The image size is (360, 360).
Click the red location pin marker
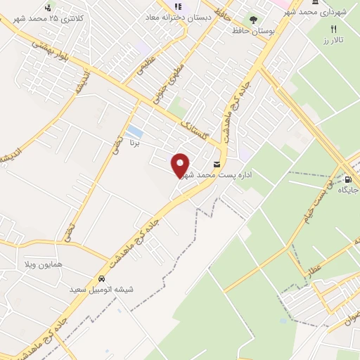coord(181,165)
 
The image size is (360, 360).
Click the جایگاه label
coord(349,191)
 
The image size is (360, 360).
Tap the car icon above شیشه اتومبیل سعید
coord(102,278)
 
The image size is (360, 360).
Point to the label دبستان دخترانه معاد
coord(179,17)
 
